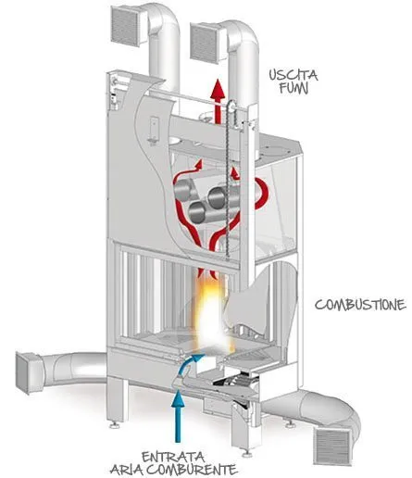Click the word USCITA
[293, 75]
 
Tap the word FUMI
[293, 88]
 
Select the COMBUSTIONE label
[360, 305]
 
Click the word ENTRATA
[173, 457]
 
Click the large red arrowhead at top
[218, 89]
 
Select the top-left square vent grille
[126, 26]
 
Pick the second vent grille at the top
[205, 42]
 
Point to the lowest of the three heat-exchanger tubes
[197, 212]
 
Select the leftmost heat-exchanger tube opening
[181, 190]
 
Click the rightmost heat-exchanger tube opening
[217, 197]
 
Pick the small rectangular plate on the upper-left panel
[154, 130]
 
